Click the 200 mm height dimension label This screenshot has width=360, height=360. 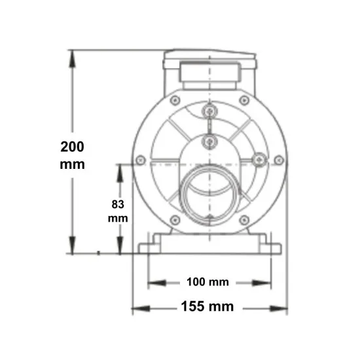point(72,155)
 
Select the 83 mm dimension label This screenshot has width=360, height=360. point(118,211)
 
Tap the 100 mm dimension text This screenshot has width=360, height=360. point(207,282)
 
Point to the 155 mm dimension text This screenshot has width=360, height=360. point(207,306)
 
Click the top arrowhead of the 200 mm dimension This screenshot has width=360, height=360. point(72,58)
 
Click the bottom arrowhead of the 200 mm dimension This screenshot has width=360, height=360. point(72,245)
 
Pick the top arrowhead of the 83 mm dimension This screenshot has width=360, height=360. point(120,173)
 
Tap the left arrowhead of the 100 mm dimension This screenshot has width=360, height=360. point(157,283)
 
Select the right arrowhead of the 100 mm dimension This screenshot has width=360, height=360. point(262,283)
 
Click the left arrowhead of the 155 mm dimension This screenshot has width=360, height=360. point(141,308)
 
